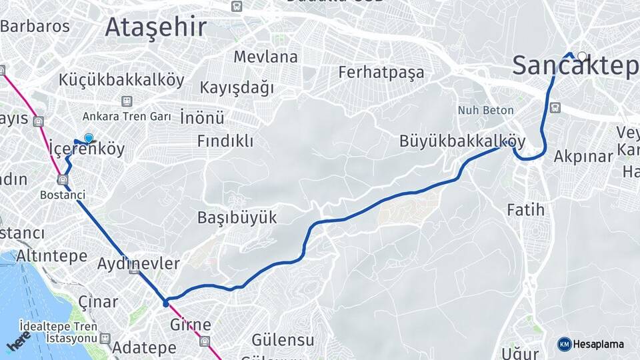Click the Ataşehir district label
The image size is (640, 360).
pyautogui.click(x=156, y=28)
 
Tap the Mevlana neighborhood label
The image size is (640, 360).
pyautogui.click(x=265, y=57)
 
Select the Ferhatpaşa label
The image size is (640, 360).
pyautogui.click(x=381, y=72)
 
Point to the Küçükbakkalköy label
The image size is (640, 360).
pyautogui.click(x=121, y=80)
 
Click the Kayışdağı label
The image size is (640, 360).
pyautogui.click(x=237, y=87)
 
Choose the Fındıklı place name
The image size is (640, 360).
pyautogui.click(x=225, y=141)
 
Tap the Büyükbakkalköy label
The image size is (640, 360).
pyautogui.click(x=463, y=141)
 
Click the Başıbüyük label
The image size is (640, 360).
pyautogui.click(x=237, y=217)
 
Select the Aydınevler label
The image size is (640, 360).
pyautogui.click(x=139, y=263)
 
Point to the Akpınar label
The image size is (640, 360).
pyautogui.click(x=583, y=157)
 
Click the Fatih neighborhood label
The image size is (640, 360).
pyautogui.click(x=525, y=210)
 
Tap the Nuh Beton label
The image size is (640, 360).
pyautogui.click(x=485, y=110)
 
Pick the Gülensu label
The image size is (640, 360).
pyautogui.click(x=283, y=340)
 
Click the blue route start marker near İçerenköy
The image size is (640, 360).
pyautogui.click(x=89, y=138)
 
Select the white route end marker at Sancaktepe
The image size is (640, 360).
pyautogui.click(x=582, y=57)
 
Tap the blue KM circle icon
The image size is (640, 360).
pyautogui.click(x=564, y=344)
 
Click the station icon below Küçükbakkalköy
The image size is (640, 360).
pyautogui.click(x=126, y=101)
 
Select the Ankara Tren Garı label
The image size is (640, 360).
pyautogui.click(x=127, y=116)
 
